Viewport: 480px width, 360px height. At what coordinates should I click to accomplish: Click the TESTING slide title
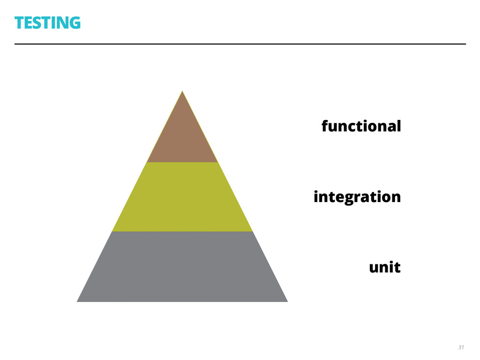click(x=47, y=22)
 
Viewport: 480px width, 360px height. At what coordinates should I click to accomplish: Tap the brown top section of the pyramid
click(x=182, y=136)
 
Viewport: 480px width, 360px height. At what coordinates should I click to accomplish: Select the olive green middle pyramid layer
click(x=182, y=197)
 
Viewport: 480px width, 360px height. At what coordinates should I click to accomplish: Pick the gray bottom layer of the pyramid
click(x=182, y=267)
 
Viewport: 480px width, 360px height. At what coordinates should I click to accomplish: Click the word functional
click(x=361, y=126)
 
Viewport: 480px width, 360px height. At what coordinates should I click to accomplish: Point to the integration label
click(x=357, y=197)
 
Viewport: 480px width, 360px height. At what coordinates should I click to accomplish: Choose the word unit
click(x=385, y=268)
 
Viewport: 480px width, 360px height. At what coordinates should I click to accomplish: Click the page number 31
click(x=461, y=347)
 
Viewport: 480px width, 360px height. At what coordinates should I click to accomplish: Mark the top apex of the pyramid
click(x=182, y=91)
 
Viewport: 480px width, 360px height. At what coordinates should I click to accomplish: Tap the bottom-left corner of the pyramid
click(x=78, y=301)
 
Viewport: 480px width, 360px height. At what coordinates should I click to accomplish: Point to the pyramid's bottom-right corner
click(x=286, y=301)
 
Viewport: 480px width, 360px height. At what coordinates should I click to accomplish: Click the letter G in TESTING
click(x=74, y=22)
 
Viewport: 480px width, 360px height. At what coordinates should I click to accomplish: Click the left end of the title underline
click(x=15, y=44)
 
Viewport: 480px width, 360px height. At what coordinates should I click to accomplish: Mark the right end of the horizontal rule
click(x=465, y=44)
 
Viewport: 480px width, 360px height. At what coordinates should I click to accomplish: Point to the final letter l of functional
click(x=399, y=126)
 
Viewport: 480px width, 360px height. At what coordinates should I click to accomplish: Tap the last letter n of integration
click(x=396, y=197)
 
